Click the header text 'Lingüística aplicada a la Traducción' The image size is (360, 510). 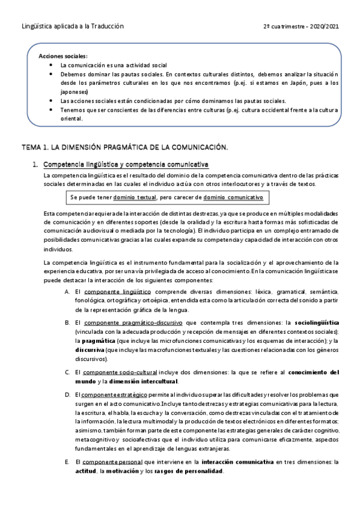coord(72,26)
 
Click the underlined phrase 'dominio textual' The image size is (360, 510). coord(135,197)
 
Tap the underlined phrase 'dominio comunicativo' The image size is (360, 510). coord(233,197)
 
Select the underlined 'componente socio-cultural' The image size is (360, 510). coord(120,372)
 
